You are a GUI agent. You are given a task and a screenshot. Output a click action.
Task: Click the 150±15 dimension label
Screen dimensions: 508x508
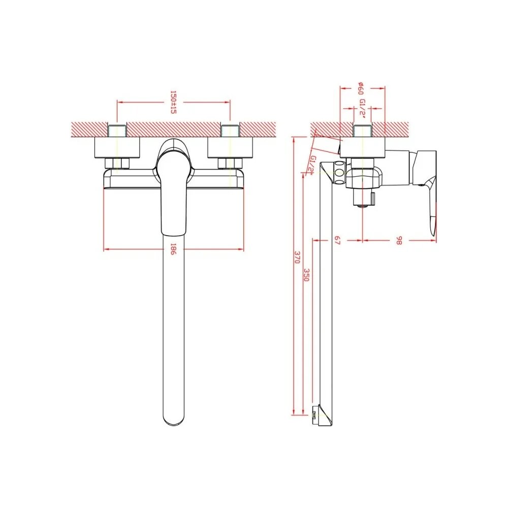(173, 102)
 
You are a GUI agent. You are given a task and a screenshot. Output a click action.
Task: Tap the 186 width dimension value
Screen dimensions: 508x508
(173, 249)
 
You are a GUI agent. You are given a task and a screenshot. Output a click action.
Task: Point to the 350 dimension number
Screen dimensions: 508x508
(306, 275)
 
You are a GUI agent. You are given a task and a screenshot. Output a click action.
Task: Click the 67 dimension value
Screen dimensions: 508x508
(338, 240)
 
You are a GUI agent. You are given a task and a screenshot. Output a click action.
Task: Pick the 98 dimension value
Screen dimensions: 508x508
(399, 240)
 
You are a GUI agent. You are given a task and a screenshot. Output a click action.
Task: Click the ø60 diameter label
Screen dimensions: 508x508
(361, 88)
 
